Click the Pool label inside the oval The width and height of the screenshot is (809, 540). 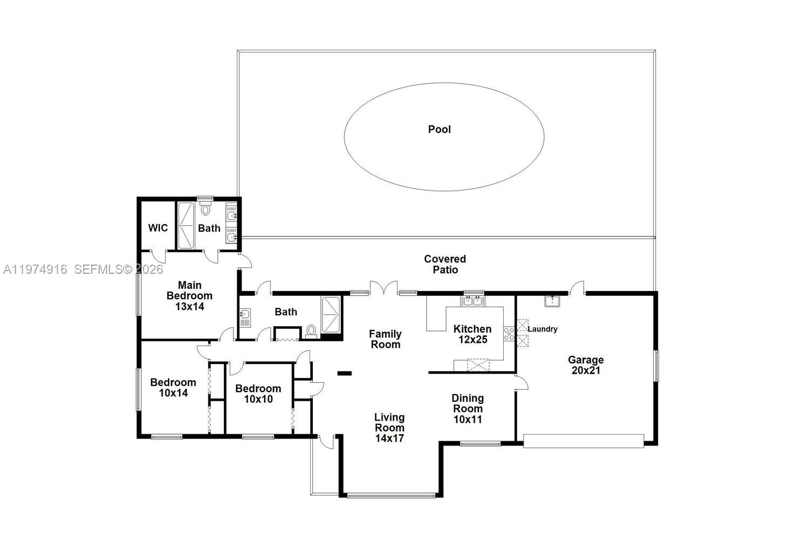click(x=439, y=129)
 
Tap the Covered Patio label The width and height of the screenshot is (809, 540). click(x=445, y=264)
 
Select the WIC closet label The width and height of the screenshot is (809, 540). click(x=158, y=228)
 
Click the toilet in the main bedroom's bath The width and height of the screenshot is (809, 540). click(x=205, y=209)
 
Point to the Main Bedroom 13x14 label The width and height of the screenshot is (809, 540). click(x=189, y=295)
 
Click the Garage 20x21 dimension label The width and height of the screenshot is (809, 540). click(x=585, y=365)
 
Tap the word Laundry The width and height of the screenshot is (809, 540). click(x=542, y=329)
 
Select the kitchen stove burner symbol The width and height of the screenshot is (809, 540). click(x=509, y=334)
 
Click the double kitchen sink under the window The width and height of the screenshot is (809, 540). click(x=473, y=300)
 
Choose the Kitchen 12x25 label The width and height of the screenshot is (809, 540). click(x=472, y=334)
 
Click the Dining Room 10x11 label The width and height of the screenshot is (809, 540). click(x=468, y=408)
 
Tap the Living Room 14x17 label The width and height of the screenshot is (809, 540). click(x=389, y=427)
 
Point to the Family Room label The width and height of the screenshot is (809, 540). click(x=386, y=339)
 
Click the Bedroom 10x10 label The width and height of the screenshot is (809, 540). click(x=258, y=394)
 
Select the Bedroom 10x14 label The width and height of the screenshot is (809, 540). click(x=173, y=387)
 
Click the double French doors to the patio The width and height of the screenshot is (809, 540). click(x=383, y=288)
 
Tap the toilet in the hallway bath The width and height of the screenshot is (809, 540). click(x=311, y=330)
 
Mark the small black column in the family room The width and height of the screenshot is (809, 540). click(x=344, y=373)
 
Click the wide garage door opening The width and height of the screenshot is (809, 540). click(x=584, y=441)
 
